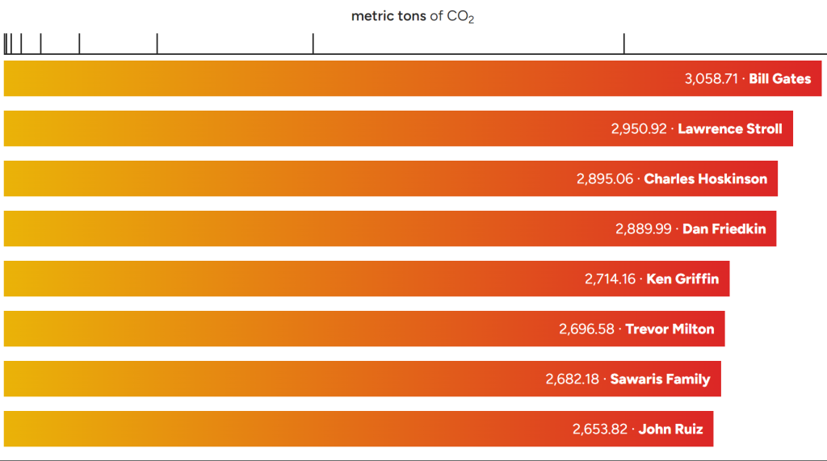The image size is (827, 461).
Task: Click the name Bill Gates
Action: pyautogui.click(x=779, y=79)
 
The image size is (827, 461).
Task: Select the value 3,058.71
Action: pyautogui.click(x=712, y=79)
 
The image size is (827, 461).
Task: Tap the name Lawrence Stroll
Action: pyautogui.click(x=730, y=129)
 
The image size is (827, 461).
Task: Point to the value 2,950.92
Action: pyautogui.click(x=639, y=129)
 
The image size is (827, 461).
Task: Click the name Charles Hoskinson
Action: pyautogui.click(x=706, y=179)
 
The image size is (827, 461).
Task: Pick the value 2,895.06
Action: pyautogui.click(x=605, y=179)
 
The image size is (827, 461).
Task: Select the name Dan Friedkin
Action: pyautogui.click(x=724, y=229)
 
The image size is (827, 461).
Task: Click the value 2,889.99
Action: pyautogui.click(x=644, y=229)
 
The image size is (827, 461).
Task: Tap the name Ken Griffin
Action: pyautogui.click(x=682, y=279)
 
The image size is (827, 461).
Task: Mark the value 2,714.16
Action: pyautogui.click(x=611, y=279)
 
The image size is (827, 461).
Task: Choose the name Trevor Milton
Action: pyautogui.click(x=670, y=329)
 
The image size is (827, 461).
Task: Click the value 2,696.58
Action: pyautogui.click(x=586, y=329)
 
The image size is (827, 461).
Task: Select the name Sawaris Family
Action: pyautogui.click(x=660, y=379)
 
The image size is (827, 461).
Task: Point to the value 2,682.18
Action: pyautogui.click(x=573, y=379)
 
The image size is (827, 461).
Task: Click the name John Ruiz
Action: pyautogui.click(x=670, y=430)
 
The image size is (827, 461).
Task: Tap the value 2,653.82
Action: pyautogui.click(x=600, y=430)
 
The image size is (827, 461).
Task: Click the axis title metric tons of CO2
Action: pyautogui.click(x=413, y=16)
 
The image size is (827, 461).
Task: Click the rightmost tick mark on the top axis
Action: pyautogui.click(x=623, y=44)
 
